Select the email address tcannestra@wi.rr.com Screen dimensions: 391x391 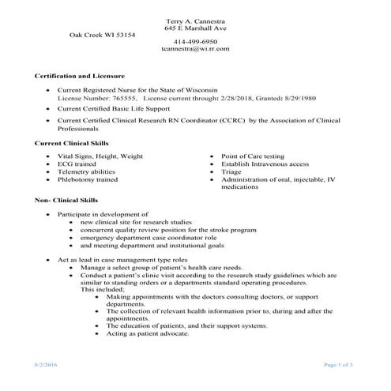pyautogui.click(x=195, y=48)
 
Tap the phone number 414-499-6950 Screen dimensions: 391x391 pyautogui.click(x=195, y=40)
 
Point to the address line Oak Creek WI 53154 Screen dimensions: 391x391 pyautogui.click(x=103, y=35)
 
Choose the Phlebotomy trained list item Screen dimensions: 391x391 pyautogui.click(x=88, y=179)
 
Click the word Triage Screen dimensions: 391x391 pyautogui.click(x=231, y=171)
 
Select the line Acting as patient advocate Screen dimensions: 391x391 pyautogui.click(x=148, y=333)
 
